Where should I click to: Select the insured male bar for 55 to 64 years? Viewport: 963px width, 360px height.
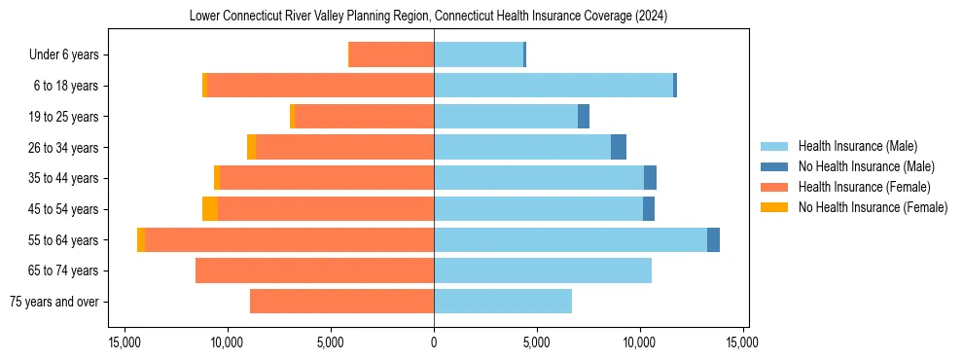[570, 239]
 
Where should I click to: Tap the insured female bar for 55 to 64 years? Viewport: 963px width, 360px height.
[289, 239]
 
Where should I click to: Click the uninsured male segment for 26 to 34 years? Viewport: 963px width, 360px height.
[619, 147]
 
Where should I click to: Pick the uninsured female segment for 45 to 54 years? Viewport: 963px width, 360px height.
[210, 208]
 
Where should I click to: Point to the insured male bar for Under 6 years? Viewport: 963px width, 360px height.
[479, 54]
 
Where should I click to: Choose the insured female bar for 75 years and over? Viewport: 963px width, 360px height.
[341, 302]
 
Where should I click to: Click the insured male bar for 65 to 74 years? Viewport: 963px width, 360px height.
[543, 270]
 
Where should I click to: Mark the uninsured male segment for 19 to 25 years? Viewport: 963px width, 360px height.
[584, 117]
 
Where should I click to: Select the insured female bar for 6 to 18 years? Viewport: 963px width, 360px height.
[320, 86]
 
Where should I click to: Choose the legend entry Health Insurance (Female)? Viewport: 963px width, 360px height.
[859, 187]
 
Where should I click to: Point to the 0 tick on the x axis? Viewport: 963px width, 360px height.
[434, 342]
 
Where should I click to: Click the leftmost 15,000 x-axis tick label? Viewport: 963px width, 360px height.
[125, 342]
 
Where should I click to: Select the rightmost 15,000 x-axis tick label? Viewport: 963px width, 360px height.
[743, 342]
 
